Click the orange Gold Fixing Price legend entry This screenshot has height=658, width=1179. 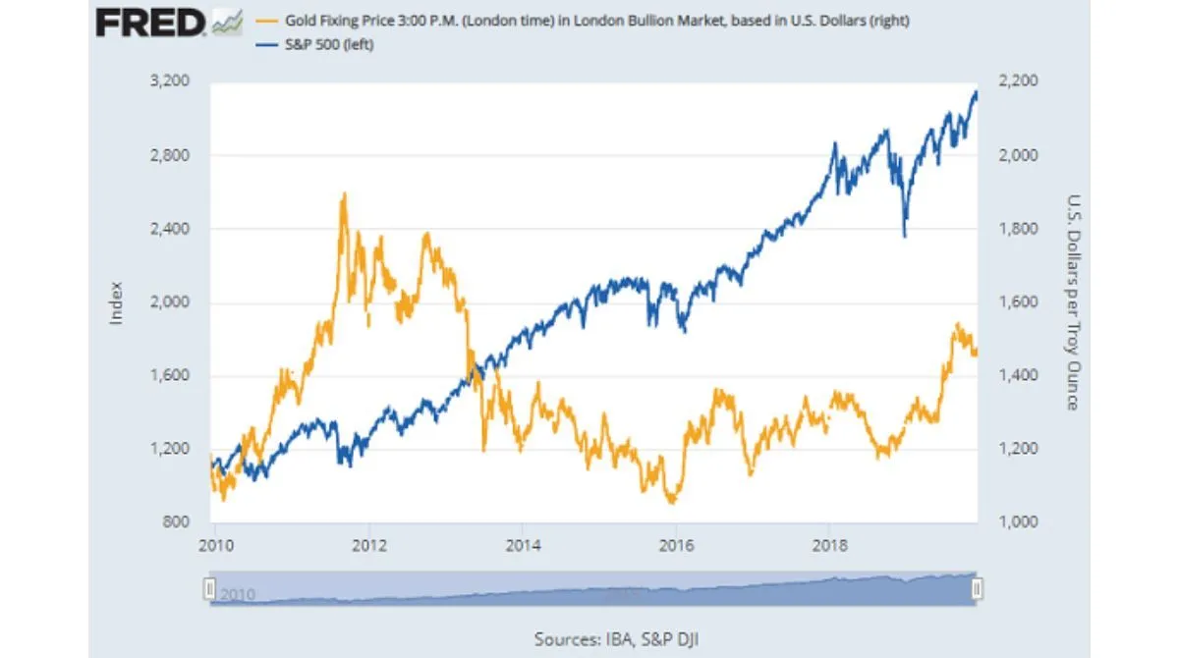pyautogui.click(x=580, y=23)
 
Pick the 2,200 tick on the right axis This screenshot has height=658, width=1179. pyautogui.click(x=1019, y=82)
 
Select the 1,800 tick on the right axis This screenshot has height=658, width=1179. pyautogui.click(x=1019, y=229)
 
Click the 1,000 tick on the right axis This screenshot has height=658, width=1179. pyautogui.click(x=1019, y=521)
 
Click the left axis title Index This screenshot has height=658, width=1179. pyautogui.click(x=116, y=302)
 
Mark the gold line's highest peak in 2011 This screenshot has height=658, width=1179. pyautogui.click(x=343, y=194)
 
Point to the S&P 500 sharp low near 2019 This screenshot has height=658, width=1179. pyautogui.click(x=904, y=236)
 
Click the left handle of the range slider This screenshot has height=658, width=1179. pyautogui.click(x=208, y=588)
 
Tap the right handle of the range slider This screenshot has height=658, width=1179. pyautogui.click(x=977, y=588)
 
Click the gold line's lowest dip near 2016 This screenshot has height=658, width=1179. pyautogui.click(x=672, y=502)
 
